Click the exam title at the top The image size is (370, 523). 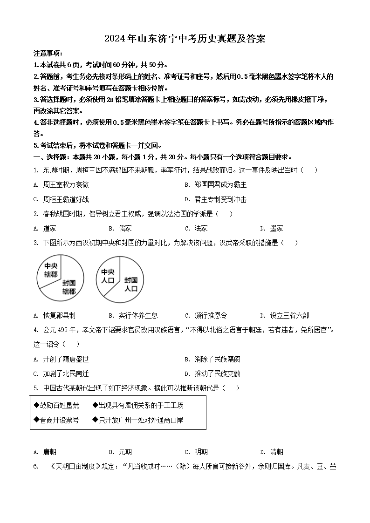pos(185,39)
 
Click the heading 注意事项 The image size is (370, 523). pos(48,54)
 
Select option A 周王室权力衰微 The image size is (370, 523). pos(65,185)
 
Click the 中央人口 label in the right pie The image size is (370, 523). pos(108,276)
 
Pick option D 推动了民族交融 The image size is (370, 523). pos(217,374)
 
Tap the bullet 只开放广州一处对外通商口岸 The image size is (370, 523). pos(140,420)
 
